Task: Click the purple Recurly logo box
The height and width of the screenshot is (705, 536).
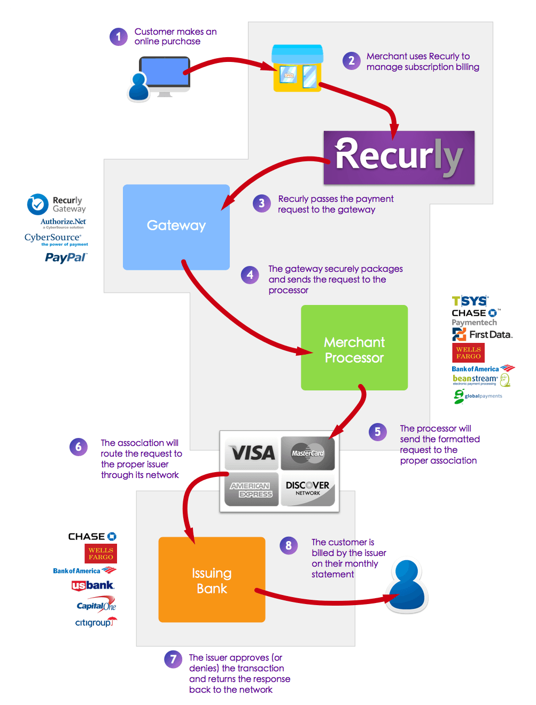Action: pos(399,158)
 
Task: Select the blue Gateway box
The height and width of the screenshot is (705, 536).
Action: pos(176,227)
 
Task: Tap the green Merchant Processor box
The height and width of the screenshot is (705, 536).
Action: pos(354,348)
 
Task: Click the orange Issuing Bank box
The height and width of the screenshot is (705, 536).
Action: pos(212,579)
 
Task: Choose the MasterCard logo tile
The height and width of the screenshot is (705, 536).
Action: pos(308,453)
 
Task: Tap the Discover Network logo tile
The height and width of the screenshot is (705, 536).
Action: pos(308,489)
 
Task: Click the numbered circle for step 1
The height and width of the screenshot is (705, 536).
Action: pos(119,37)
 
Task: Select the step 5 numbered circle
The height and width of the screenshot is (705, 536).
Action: pos(378,432)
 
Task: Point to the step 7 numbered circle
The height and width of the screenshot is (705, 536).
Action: pos(173,659)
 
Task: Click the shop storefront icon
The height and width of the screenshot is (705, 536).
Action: pos(298,68)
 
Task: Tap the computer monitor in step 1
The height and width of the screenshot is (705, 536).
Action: pos(165,75)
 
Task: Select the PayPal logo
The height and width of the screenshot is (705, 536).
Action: pos(66,257)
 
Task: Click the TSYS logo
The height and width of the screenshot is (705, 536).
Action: pos(470,301)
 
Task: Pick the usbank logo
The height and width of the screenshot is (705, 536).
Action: pos(93,585)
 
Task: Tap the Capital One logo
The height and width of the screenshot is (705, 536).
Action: pos(96,606)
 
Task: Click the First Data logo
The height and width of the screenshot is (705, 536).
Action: pos(482,335)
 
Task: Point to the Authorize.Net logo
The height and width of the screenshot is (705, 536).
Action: pos(63,222)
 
